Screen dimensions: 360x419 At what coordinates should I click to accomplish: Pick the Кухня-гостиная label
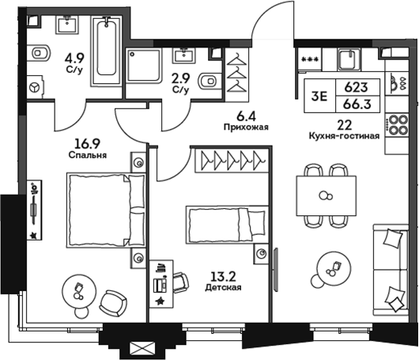coord(345,135)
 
